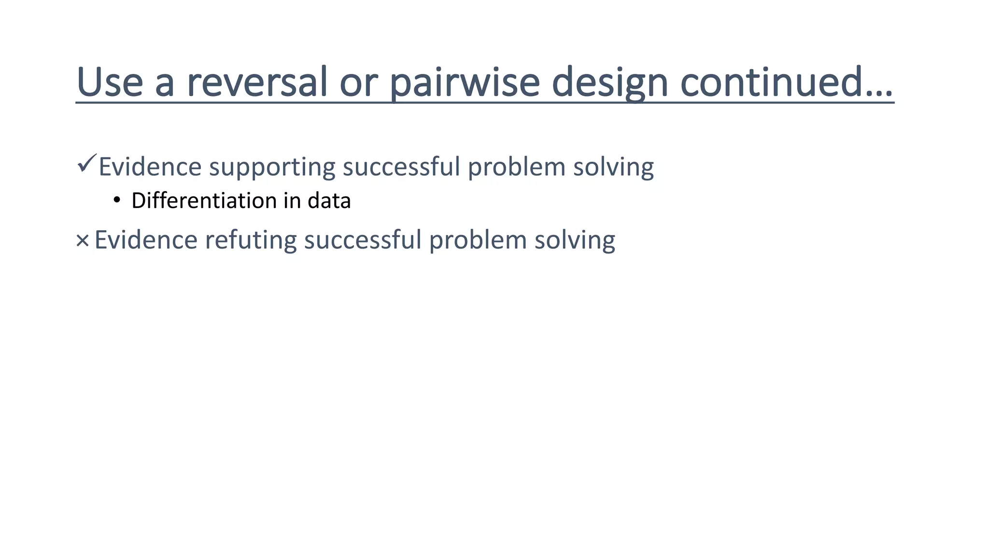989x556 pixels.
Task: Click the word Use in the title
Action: (110, 82)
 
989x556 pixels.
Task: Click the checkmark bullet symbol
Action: (86, 164)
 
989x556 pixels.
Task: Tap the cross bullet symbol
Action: (83, 240)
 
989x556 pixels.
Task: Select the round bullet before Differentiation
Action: (116, 200)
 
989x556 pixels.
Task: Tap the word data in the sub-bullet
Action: (329, 200)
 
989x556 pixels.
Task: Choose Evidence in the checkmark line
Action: (150, 167)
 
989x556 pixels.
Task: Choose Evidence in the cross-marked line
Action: (146, 240)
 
